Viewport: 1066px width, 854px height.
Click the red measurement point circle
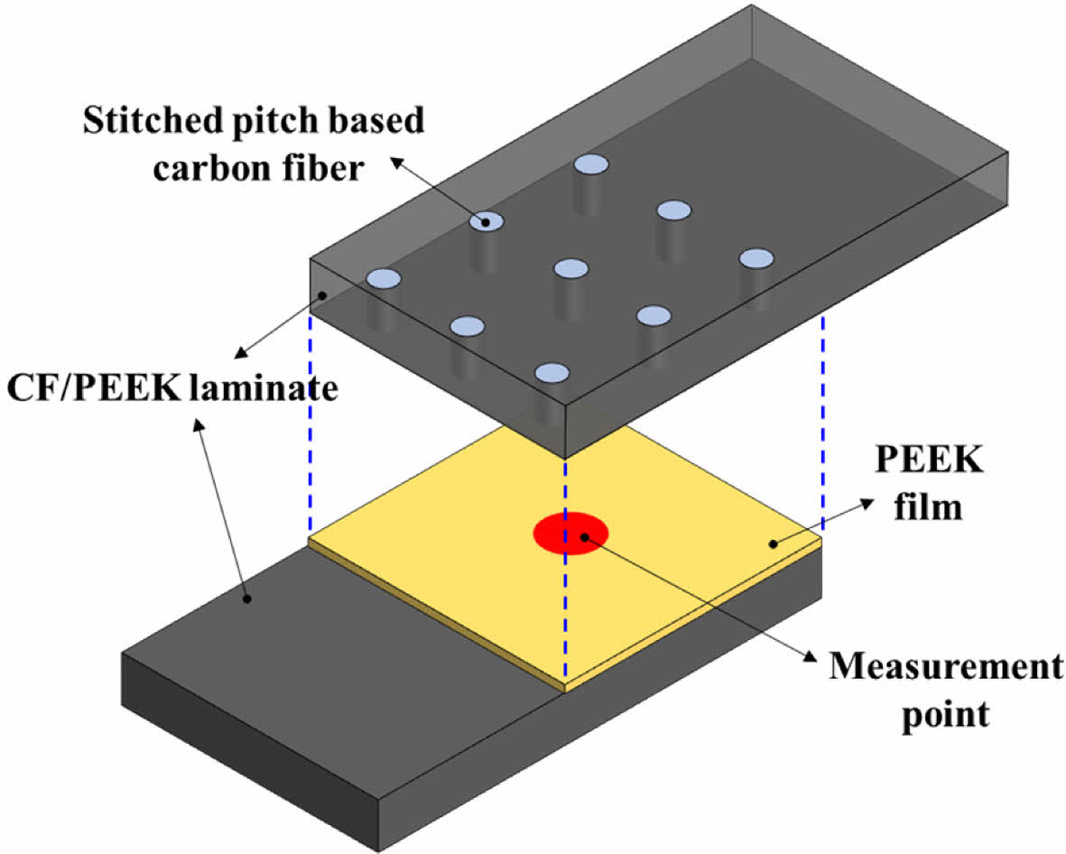pyautogui.click(x=570, y=533)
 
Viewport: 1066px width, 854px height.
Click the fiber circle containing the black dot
pyautogui.click(x=486, y=221)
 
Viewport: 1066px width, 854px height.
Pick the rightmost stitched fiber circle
pyautogui.click(x=756, y=258)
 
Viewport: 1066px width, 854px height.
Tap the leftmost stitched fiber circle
pyautogui.click(x=383, y=277)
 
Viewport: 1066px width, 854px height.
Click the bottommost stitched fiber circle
pyautogui.click(x=552, y=373)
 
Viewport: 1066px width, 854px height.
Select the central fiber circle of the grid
pyautogui.click(x=571, y=268)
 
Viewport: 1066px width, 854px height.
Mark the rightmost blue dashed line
pyautogui.click(x=822, y=424)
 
